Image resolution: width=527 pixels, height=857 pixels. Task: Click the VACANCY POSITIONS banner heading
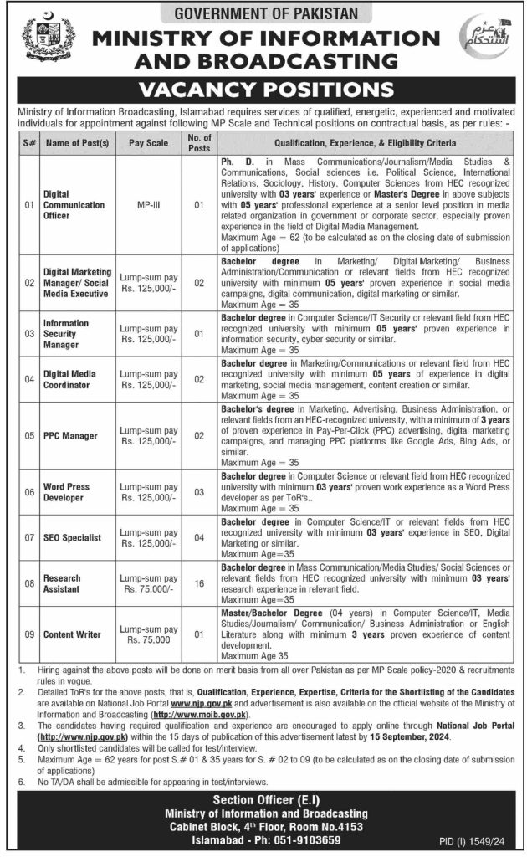(263, 90)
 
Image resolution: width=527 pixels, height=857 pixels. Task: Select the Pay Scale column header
(149, 142)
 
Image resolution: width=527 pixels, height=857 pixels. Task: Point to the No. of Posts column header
(199, 142)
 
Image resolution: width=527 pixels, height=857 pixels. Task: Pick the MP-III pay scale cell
(149, 203)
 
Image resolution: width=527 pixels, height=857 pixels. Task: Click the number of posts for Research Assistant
(199, 582)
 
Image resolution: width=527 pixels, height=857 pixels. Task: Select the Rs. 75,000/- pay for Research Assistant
(149, 588)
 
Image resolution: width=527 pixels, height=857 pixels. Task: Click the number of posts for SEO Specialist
(199, 537)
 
